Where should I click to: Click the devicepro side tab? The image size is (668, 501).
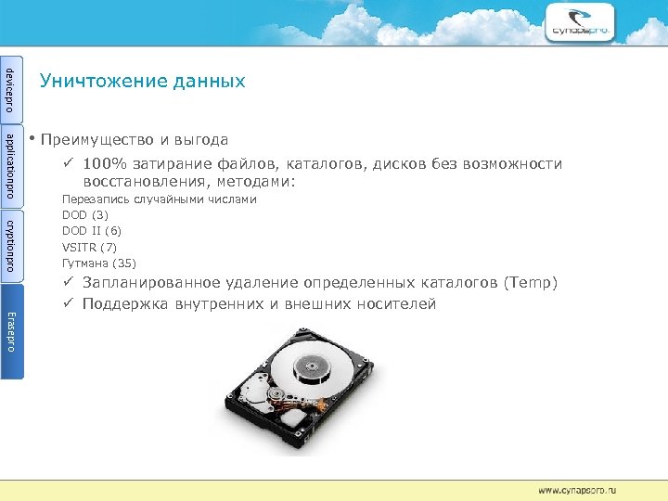click(11, 86)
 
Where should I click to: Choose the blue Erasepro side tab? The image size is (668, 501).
click(11, 330)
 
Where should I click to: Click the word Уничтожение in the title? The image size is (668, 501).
click(103, 81)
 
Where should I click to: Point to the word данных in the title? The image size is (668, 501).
click(209, 81)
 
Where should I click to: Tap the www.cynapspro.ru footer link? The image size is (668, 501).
click(577, 488)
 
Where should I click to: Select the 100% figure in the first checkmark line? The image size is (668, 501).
click(100, 164)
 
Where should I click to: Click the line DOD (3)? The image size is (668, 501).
click(85, 214)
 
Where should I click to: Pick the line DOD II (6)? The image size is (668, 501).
click(91, 230)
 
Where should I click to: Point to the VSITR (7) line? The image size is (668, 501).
click(89, 247)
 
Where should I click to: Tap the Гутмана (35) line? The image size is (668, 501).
click(98, 263)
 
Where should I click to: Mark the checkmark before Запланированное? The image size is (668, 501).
click(69, 282)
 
